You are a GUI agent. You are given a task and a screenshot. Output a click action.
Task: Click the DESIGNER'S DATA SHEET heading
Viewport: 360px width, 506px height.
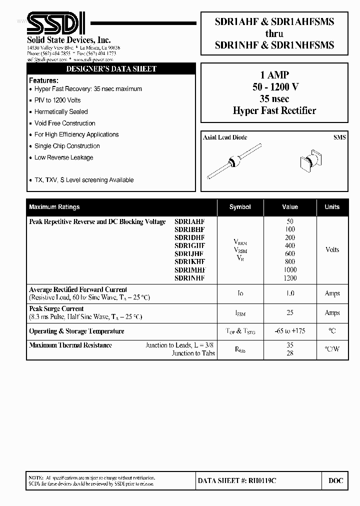click(111, 69)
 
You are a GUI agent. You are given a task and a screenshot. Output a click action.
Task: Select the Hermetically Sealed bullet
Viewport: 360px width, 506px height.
click(61, 112)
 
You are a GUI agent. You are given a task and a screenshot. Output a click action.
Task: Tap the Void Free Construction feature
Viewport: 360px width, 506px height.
click(64, 123)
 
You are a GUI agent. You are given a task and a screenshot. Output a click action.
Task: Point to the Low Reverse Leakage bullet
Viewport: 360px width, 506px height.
click(63, 157)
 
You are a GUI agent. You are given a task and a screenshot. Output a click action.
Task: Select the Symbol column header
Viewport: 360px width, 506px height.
click(240, 207)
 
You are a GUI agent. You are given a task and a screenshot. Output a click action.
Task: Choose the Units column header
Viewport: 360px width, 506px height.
click(332, 207)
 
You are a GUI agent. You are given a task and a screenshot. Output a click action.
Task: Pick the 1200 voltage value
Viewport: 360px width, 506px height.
click(290, 278)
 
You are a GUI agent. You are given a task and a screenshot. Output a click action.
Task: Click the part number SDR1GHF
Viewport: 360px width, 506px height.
click(189, 245)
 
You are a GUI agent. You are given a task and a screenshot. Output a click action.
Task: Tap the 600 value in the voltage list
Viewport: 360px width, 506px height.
click(290, 253)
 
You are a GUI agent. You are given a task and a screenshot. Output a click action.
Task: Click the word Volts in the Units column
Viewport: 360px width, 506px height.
click(332, 249)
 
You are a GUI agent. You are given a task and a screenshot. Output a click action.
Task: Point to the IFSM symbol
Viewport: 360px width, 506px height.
click(240, 313)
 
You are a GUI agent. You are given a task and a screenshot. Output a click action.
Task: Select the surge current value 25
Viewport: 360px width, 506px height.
click(290, 313)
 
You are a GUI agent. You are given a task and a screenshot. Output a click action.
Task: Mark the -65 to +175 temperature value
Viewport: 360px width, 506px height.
click(290, 331)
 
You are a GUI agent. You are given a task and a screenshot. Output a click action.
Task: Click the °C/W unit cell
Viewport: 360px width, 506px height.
click(332, 349)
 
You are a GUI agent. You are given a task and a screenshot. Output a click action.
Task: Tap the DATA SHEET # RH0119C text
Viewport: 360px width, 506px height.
click(237, 481)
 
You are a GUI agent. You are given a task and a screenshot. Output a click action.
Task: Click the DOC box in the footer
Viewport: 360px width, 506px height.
click(335, 481)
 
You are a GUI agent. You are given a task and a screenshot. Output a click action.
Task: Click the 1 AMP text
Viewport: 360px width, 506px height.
click(274, 75)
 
